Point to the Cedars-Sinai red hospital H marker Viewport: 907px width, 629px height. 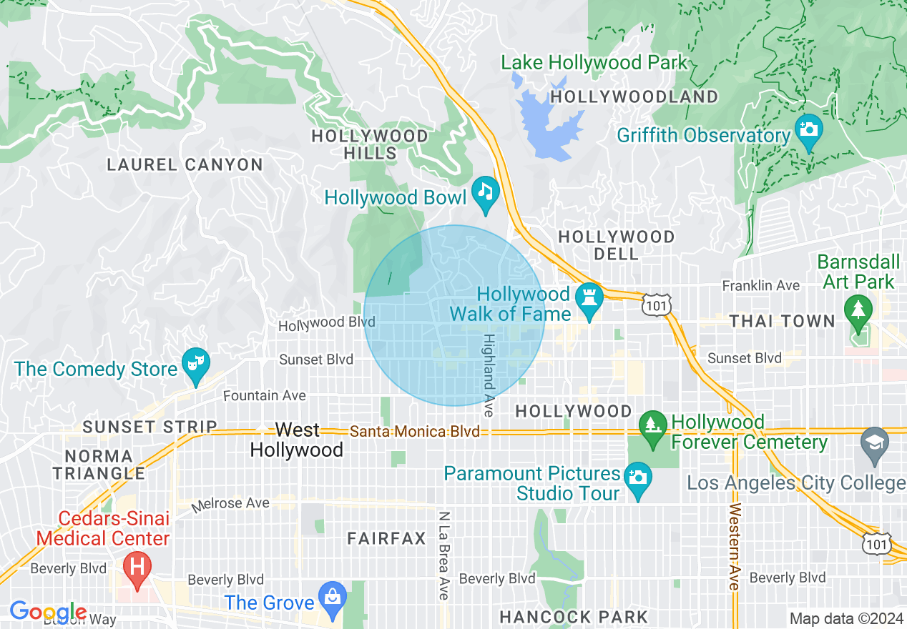[137, 568]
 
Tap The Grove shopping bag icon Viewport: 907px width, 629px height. [332, 597]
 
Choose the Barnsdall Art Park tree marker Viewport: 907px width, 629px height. [858, 312]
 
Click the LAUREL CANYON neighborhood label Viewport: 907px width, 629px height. [185, 165]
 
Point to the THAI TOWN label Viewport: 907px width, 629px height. [782, 322]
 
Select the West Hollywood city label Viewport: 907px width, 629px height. [297, 440]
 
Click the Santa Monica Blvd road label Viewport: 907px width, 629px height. [415, 432]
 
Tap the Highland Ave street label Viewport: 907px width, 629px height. [489, 375]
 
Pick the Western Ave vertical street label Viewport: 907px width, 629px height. [734, 547]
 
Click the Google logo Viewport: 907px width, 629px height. [48, 612]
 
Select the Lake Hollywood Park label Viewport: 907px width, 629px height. [594, 63]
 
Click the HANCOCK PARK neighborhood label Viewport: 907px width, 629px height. [574, 617]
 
